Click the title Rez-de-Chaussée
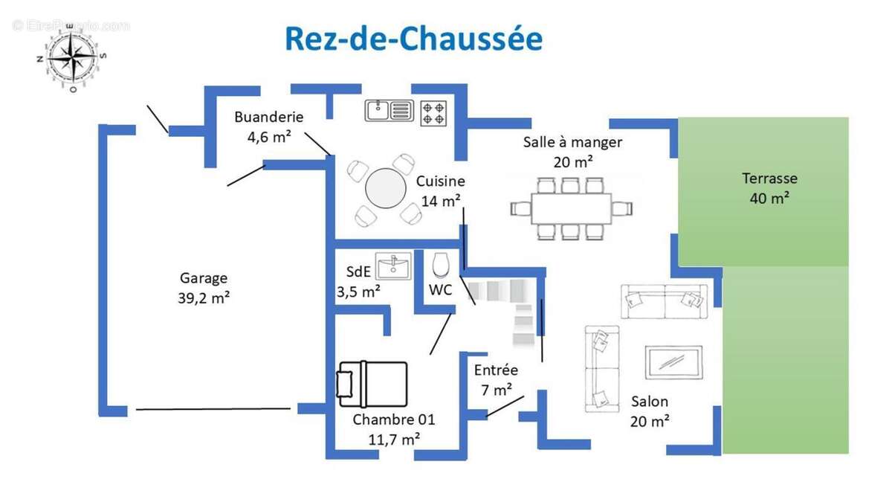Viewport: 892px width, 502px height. pyautogui.click(x=413, y=39)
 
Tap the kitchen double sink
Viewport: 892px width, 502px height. pyautogui.click(x=389, y=111)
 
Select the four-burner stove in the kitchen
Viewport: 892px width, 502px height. pyautogui.click(x=433, y=113)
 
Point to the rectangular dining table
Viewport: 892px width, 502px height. pyautogui.click(x=571, y=208)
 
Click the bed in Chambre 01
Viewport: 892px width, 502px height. pyautogui.click(x=372, y=384)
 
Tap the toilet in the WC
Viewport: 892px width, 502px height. pyautogui.click(x=440, y=265)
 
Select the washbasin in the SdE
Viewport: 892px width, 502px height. pyautogui.click(x=393, y=266)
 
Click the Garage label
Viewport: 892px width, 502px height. pyautogui.click(x=204, y=278)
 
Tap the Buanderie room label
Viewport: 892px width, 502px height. pyautogui.click(x=269, y=117)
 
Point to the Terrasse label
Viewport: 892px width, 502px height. pyautogui.click(x=769, y=178)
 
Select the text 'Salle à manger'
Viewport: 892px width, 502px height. pyautogui.click(x=572, y=142)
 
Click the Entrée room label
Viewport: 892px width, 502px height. pyautogui.click(x=496, y=370)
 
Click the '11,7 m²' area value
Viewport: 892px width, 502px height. pyautogui.click(x=394, y=440)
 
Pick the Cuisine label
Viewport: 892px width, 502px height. pyautogui.click(x=441, y=181)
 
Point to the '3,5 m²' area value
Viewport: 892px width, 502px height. pyautogui.click(x=358, y=292)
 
